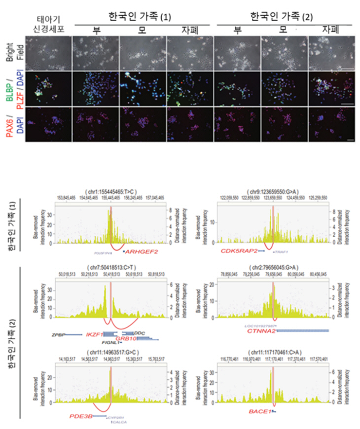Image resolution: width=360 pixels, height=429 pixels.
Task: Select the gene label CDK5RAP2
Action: tap(238, 251)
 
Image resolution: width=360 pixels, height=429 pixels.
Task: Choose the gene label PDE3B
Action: tap(81, 416)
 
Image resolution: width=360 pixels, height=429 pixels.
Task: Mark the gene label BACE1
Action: tap(259, 410)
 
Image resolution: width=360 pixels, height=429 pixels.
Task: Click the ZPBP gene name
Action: tap(58, 334)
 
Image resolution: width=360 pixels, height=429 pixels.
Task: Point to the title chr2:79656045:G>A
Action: tap(273, 267)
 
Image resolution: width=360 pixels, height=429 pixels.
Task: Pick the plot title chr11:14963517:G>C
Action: tap(110, 352)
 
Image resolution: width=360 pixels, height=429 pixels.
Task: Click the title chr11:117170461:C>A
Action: tap(273, 352)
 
